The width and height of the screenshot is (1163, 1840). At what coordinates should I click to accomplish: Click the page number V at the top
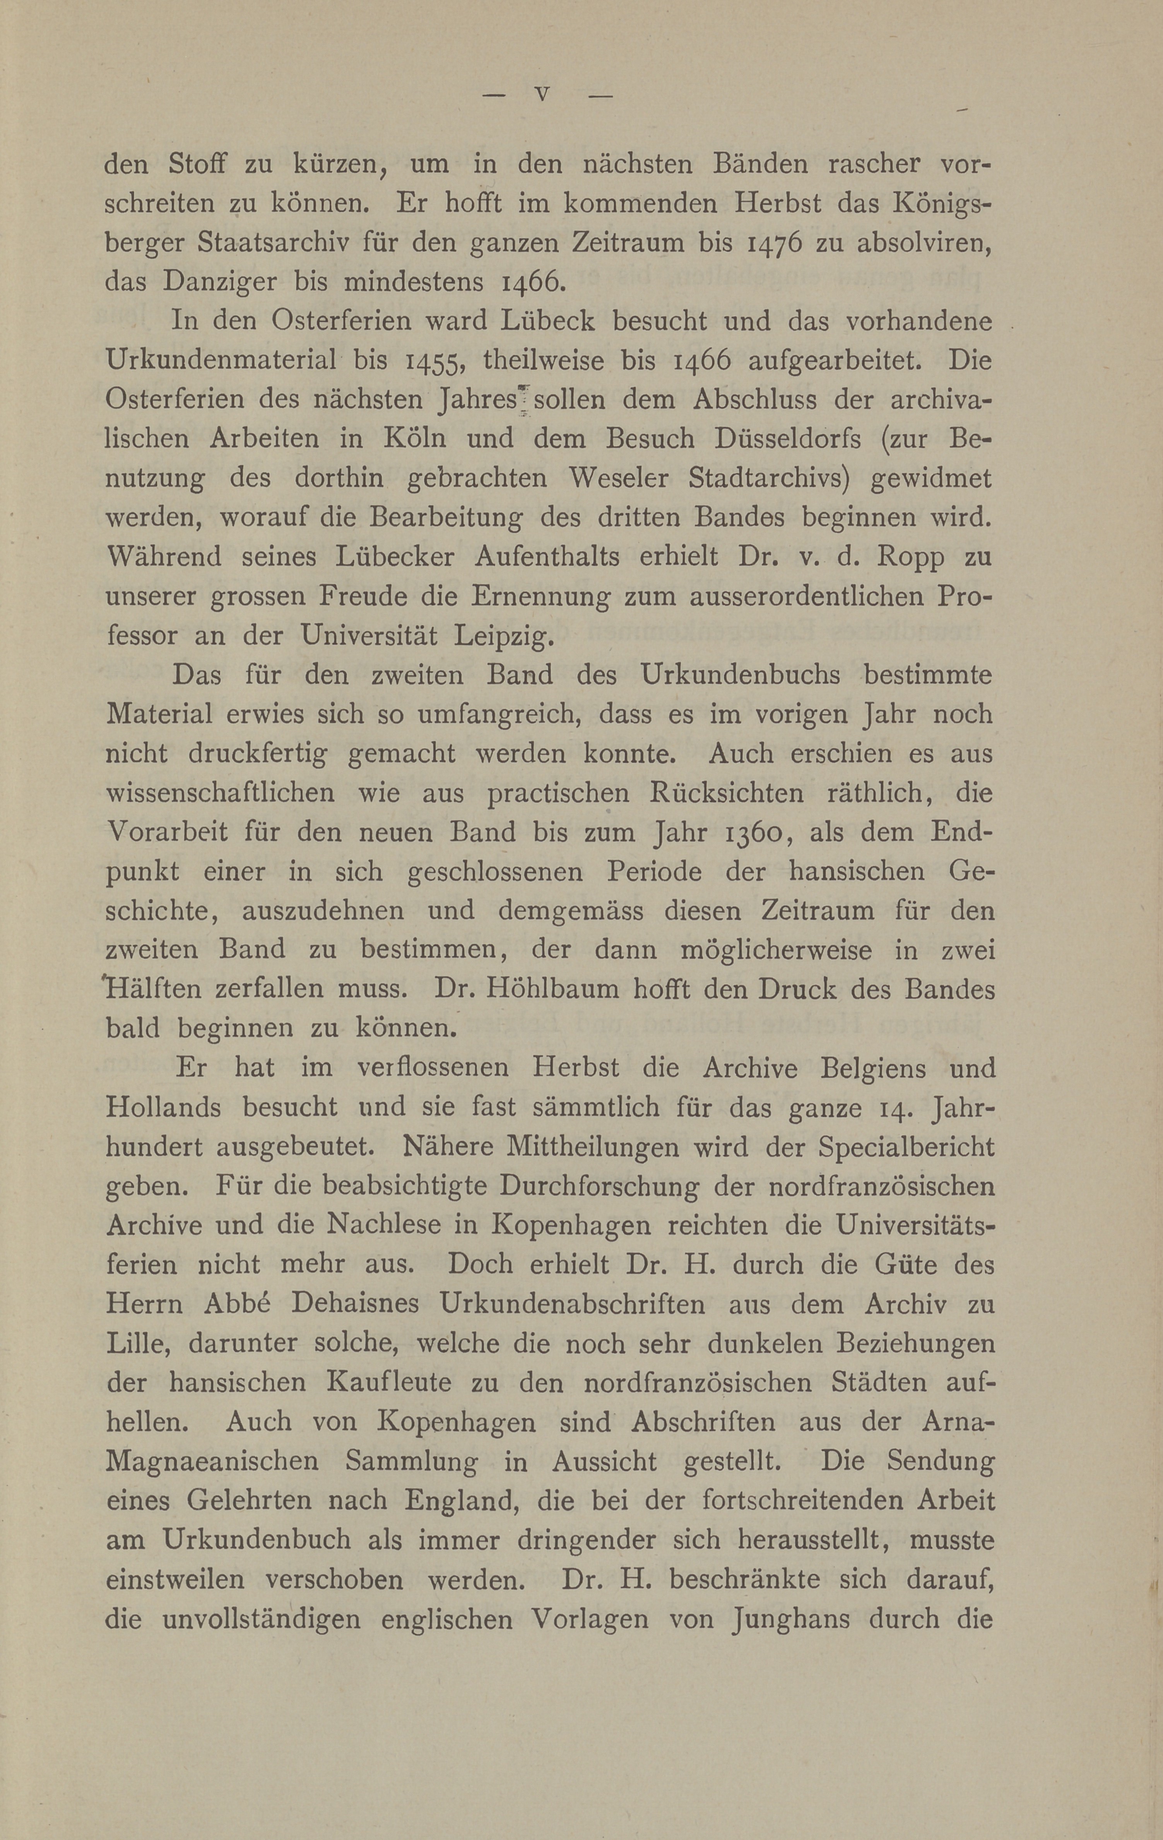click(x=542, y=95)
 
